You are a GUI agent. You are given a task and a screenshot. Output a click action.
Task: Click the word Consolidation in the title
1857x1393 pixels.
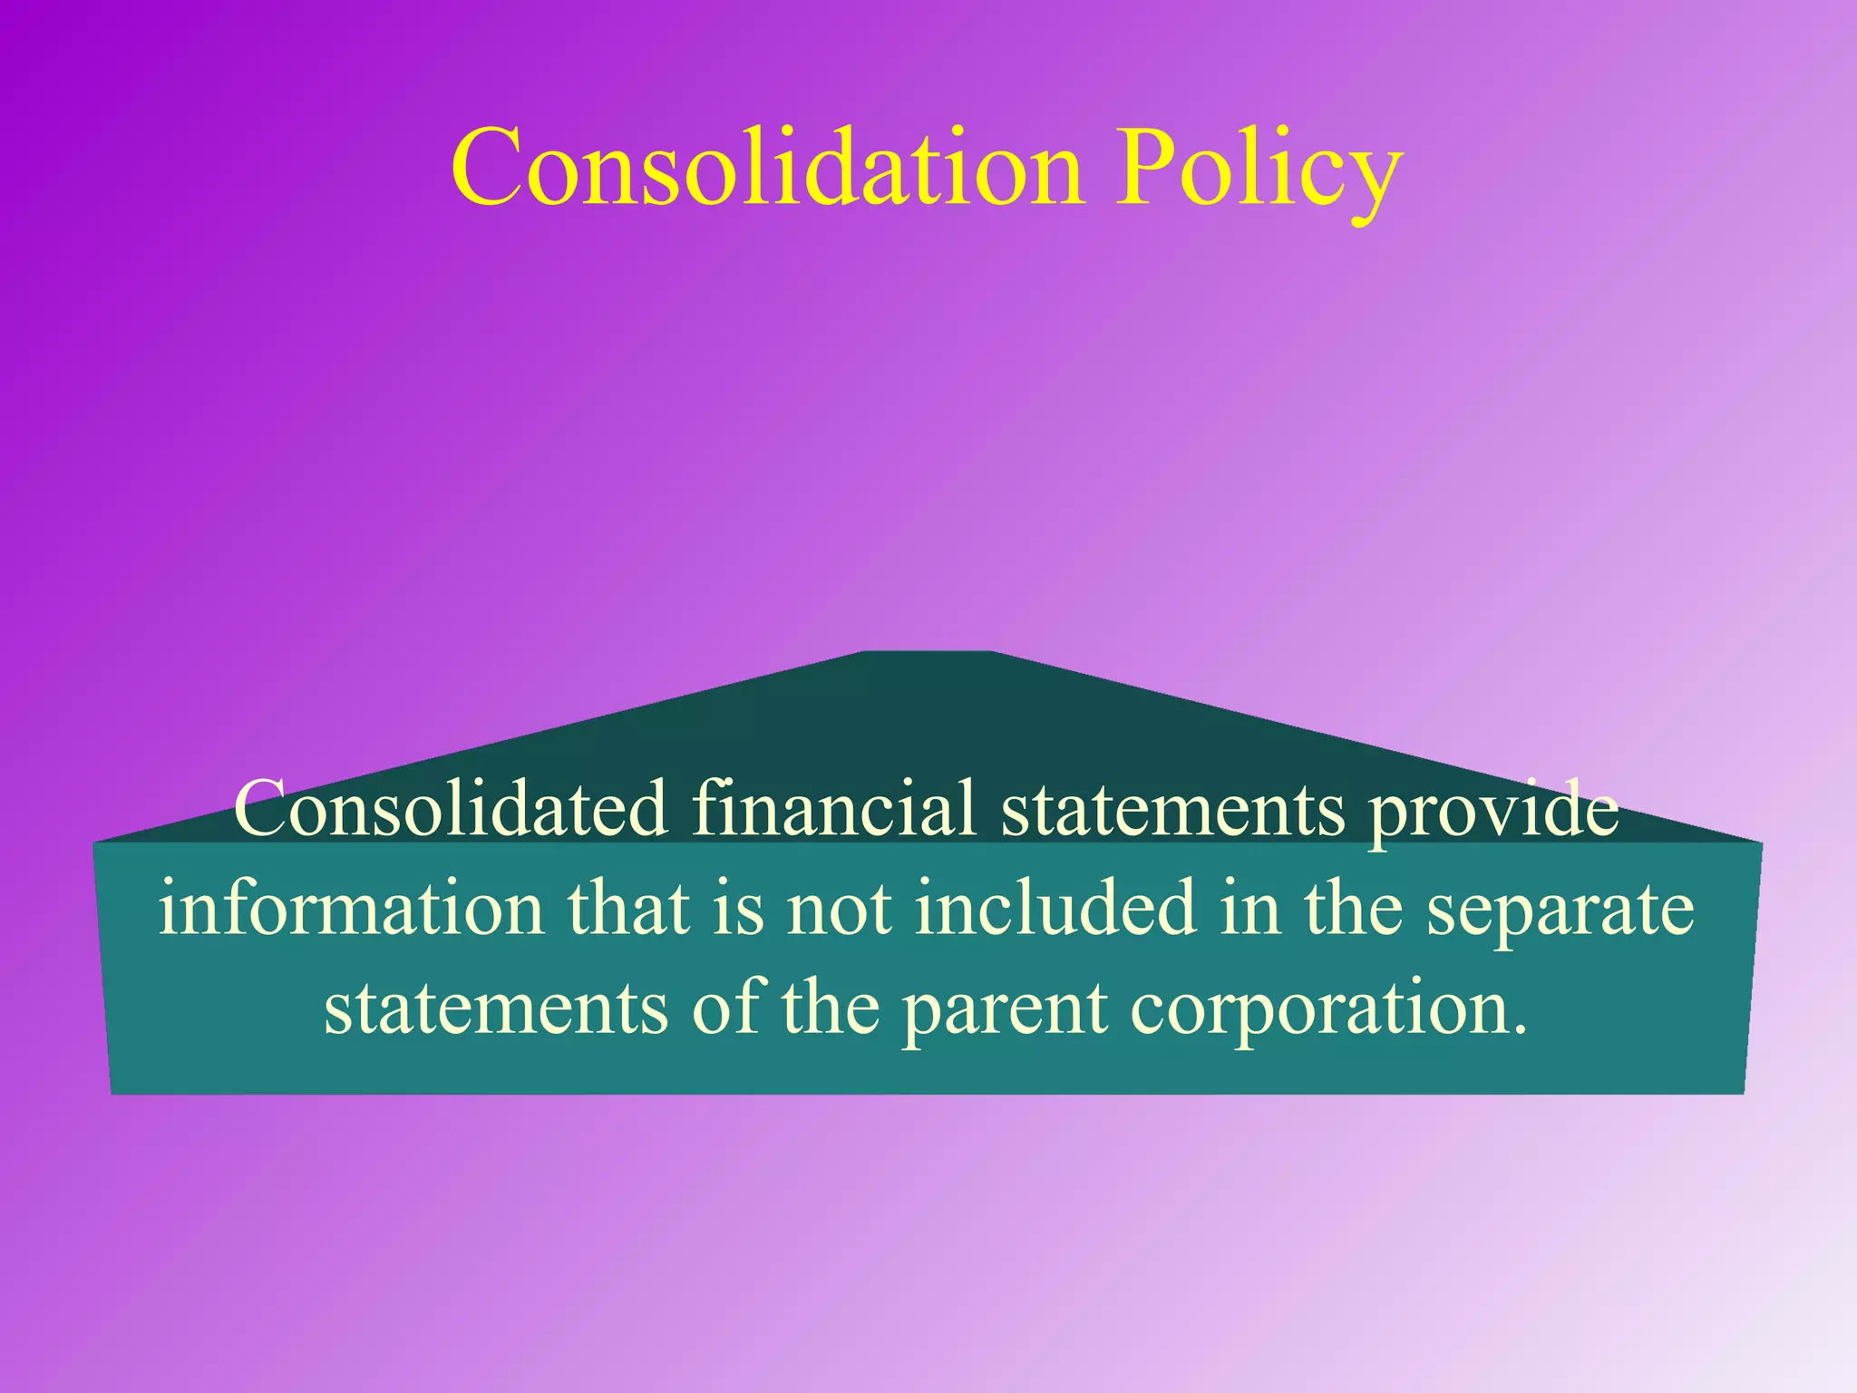767,169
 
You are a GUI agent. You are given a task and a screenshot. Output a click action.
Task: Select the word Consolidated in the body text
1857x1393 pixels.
451,808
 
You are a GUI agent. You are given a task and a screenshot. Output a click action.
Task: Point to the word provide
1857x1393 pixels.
1492,810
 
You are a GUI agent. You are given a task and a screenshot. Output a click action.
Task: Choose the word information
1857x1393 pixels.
351,908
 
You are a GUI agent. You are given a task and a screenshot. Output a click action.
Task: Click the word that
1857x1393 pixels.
627,908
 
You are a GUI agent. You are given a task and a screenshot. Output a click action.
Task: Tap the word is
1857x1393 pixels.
737,908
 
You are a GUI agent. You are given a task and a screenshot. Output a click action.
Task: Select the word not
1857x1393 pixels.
839,910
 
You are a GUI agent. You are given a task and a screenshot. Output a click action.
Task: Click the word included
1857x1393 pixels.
1055,908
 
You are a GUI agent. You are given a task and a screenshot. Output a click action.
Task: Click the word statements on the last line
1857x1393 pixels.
496,1008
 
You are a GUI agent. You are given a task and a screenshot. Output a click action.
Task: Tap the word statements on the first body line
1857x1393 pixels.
1172,810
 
